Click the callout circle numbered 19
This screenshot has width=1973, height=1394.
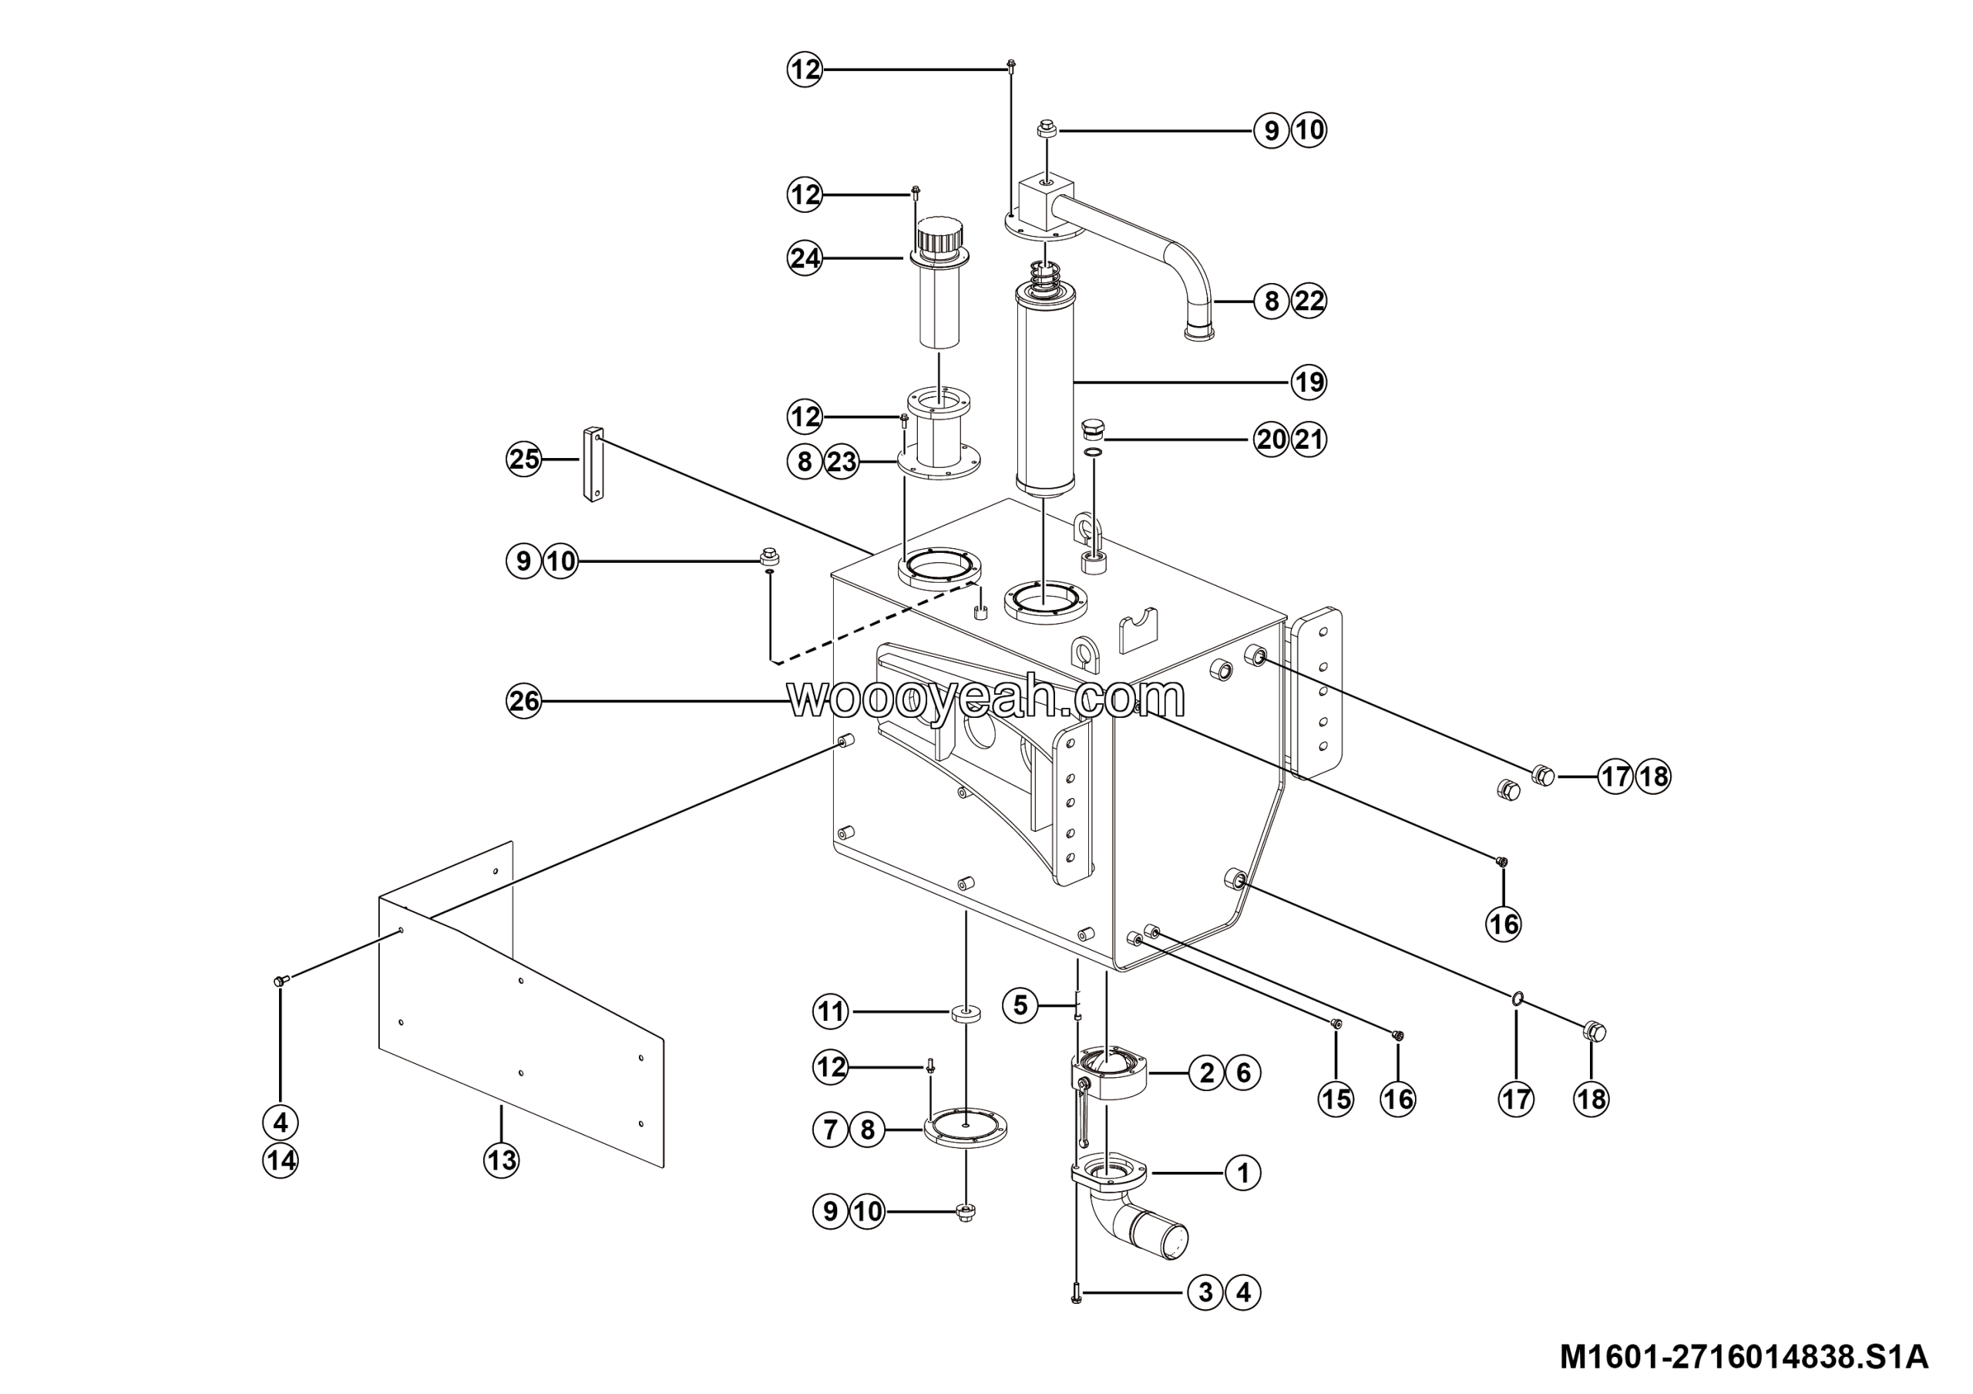(x=1308, y=382)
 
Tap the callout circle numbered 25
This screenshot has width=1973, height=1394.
(x=523, y=459)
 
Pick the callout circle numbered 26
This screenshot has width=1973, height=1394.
(x=523, y=702)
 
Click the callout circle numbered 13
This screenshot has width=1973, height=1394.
(x=502, y=1160)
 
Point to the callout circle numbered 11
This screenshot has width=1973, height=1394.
(x=830, y=1012)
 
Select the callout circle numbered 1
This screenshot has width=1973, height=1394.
(x=1242, y=1172)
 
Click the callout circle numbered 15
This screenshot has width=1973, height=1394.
(x=1336, y=1099)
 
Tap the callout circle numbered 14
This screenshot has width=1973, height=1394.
(x=280, y=1160)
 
